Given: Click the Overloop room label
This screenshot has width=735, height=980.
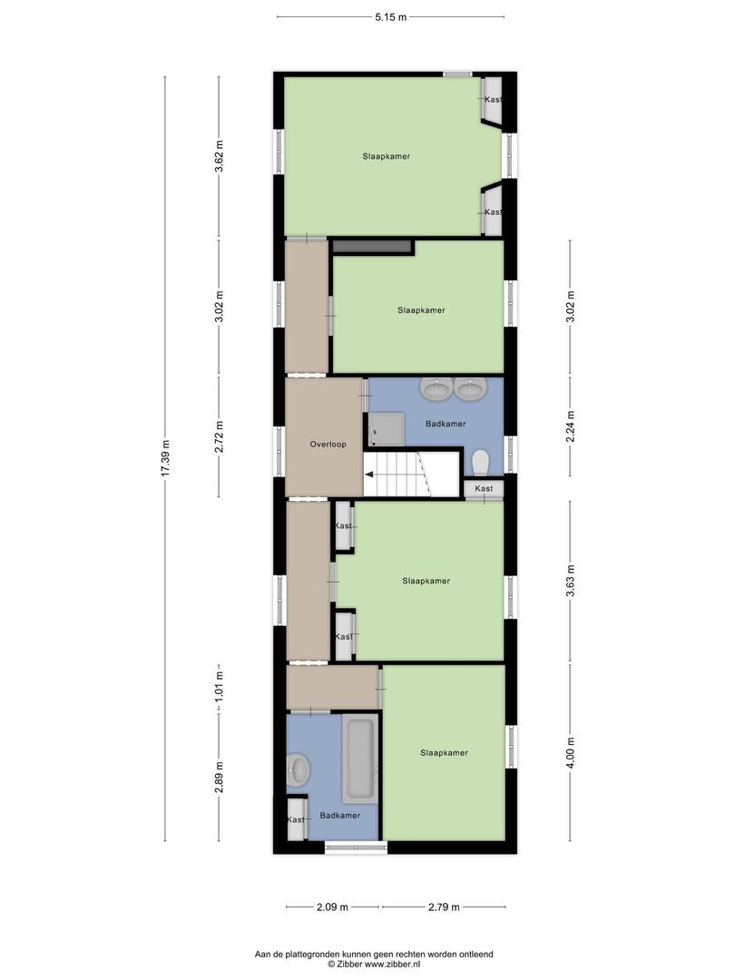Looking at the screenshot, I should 328,445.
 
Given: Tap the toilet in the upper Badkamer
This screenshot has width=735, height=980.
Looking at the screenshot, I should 481,462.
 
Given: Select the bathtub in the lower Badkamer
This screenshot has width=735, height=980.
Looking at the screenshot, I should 359,759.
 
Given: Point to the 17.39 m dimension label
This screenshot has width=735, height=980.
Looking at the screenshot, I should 165,459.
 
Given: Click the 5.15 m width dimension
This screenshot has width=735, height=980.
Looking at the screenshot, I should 391,15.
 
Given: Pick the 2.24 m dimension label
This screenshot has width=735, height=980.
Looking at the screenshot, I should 570,426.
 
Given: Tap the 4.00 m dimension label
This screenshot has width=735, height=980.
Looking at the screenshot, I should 570,752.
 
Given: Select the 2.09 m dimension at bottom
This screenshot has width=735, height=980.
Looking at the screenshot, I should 333,906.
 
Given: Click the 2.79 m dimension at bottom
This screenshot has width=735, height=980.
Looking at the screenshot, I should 443,906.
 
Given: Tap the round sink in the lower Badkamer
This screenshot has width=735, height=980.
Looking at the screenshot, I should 298,770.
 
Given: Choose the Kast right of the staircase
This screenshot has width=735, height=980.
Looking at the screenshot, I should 485,489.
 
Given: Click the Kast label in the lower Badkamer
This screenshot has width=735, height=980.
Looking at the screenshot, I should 297,820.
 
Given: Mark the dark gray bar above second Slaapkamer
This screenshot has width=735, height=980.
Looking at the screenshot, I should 372,246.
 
